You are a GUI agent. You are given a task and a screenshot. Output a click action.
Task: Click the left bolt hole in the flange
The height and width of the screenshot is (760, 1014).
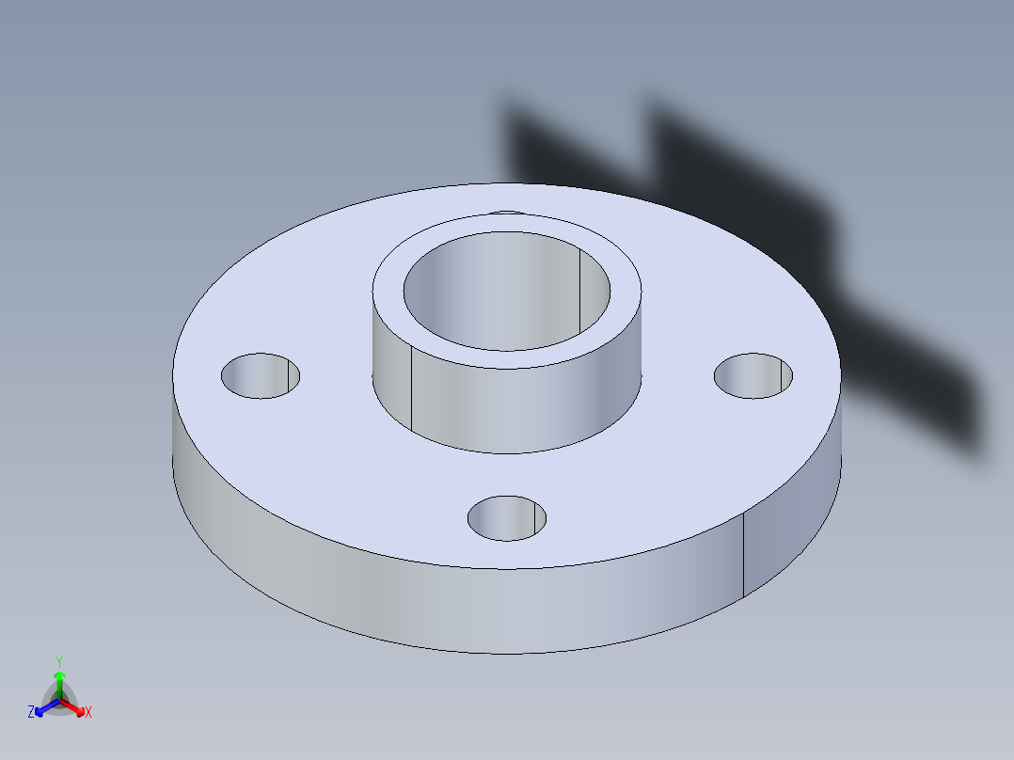point(261,375)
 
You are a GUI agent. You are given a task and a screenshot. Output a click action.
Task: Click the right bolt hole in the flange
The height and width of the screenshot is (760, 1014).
point(753,375)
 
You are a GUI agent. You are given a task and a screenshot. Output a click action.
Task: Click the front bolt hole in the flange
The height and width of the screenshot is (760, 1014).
point(507,518)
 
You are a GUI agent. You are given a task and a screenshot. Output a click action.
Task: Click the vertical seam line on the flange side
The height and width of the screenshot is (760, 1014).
point(744,555)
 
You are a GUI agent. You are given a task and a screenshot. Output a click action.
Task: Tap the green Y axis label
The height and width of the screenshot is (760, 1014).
point(58,661)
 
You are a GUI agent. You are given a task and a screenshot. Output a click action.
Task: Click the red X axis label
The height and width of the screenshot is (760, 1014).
point(88,713)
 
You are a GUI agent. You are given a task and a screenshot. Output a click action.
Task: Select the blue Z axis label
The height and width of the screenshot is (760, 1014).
point(31,713)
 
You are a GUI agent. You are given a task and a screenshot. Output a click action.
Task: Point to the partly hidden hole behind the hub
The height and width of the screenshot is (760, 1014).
point(507,213)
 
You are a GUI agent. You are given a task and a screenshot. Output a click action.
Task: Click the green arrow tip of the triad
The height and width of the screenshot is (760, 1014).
point(59,675)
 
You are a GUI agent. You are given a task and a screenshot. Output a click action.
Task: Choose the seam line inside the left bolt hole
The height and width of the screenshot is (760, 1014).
point(288,376)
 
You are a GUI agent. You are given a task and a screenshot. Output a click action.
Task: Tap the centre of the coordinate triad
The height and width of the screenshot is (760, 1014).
point(60,701)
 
